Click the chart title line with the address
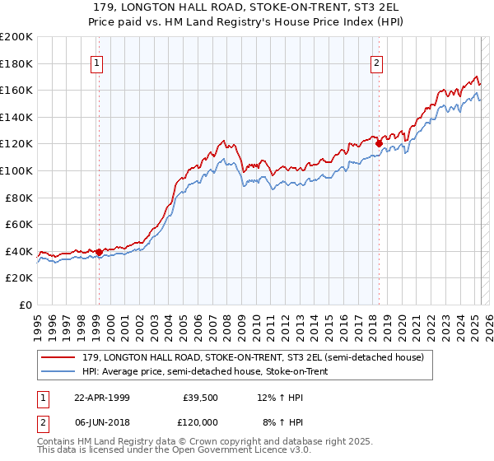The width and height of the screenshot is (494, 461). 247,7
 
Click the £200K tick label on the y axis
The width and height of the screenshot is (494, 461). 16,37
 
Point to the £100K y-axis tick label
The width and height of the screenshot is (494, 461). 16,170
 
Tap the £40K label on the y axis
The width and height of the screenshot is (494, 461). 19,251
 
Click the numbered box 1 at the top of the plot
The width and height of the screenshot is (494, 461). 98,64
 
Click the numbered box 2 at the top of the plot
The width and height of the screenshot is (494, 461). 377,64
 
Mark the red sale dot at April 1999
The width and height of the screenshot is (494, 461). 99,252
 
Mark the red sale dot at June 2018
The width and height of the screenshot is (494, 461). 379,143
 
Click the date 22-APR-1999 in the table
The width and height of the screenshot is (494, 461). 101,397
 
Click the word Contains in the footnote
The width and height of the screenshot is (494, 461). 55,443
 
